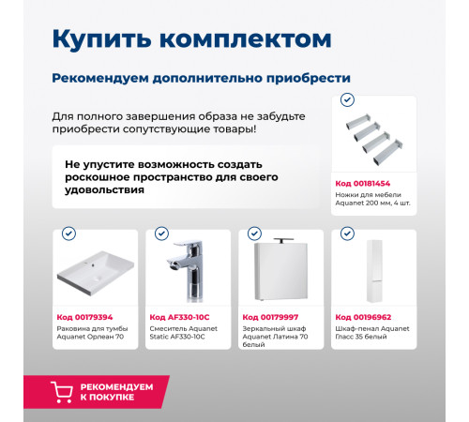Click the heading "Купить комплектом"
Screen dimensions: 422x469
pos(191,38)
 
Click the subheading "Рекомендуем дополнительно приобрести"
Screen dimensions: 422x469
pos(201,78)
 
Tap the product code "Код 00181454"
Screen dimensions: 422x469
pos(363,183)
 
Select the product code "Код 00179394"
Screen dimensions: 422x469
pos(84,317)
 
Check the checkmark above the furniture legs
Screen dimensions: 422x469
pos(347,99)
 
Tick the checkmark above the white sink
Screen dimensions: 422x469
pos(68,234)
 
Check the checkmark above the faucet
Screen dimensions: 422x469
pos(161,234)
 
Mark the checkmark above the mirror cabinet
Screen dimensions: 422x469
pos(253,234)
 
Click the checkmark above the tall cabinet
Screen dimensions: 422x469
pos(345,234)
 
